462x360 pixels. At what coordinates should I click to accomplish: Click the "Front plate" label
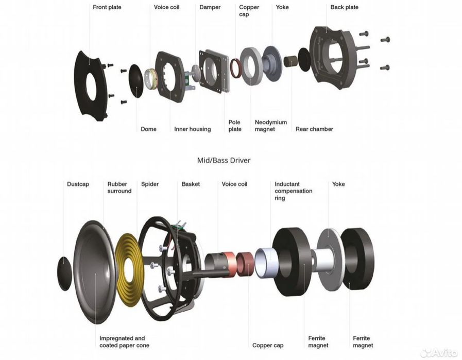[x=107, y=7]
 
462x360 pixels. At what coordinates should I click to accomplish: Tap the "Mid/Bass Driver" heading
[x=224, y=160]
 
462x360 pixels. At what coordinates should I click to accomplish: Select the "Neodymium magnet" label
[x=270, y=126]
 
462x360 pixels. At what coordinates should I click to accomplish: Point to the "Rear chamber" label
[x=314, y=129]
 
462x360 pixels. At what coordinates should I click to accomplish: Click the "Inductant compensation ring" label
[x=293, y=191]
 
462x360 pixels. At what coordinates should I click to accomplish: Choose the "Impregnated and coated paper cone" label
[x=124, y=342]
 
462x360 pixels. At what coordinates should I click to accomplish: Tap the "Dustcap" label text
[x=78, y=184]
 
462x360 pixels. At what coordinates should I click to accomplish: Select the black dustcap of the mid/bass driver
[x=64, y=273]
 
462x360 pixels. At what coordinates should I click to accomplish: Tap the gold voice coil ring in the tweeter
[x=150, y=79]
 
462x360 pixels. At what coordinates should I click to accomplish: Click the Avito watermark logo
[x=439, y=353]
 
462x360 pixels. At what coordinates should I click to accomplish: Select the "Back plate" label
[x=344, y=7]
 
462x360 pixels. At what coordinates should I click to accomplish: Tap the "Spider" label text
[x=150, y=184]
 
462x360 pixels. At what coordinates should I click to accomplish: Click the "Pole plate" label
[x=235, y=126]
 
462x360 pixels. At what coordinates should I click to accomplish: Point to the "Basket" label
[x=191, y=184]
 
